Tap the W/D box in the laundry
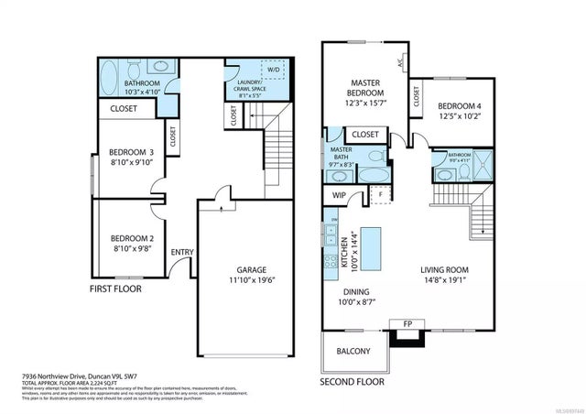pos(274,71)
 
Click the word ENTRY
pos(182,253)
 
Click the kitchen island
pos(371,248)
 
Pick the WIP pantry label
pos(338,196)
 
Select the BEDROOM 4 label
pos(458,104)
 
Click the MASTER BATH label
pos(342,154)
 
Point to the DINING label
pos(351,289)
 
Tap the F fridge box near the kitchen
pos(379,193)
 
